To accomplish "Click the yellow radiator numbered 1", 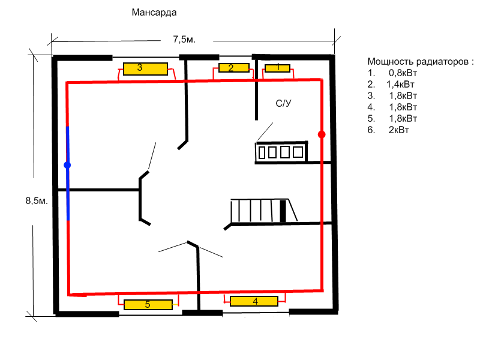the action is [277, 68].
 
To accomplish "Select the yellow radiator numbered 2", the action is [234, 68].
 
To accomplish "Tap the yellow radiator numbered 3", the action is [145, 69].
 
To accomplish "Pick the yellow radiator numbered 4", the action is [254, 301].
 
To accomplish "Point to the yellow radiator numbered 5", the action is [148, 305].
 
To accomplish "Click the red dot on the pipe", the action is [322, 134].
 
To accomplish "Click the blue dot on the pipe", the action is [67, 166].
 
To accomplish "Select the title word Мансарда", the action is [154, 13].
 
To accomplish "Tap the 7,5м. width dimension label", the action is [184, 39].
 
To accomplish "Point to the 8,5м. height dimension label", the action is [37, 201].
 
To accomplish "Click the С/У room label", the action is [283, 103].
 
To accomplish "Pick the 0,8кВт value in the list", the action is [403, 73].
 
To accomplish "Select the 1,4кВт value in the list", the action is [400, 85].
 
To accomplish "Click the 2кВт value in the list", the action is [398, 130].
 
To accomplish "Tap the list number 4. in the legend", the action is [371, 107].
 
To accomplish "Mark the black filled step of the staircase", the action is [283, 211].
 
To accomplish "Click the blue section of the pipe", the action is [68, 173].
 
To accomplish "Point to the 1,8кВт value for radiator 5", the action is [403, 119].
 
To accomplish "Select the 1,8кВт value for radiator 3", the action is [403, 96].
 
